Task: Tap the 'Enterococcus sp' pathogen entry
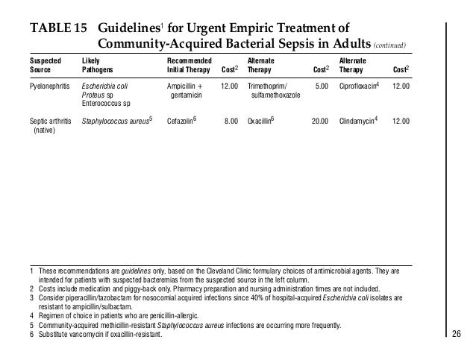click(x=110, y=104)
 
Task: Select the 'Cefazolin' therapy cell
click(x=183, y=120)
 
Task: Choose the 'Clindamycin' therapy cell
click(x=360, y=120)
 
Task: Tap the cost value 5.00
click(x=322, y=86)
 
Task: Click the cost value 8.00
click(x=231, y=120)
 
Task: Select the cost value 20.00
click(x=320, y=120)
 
